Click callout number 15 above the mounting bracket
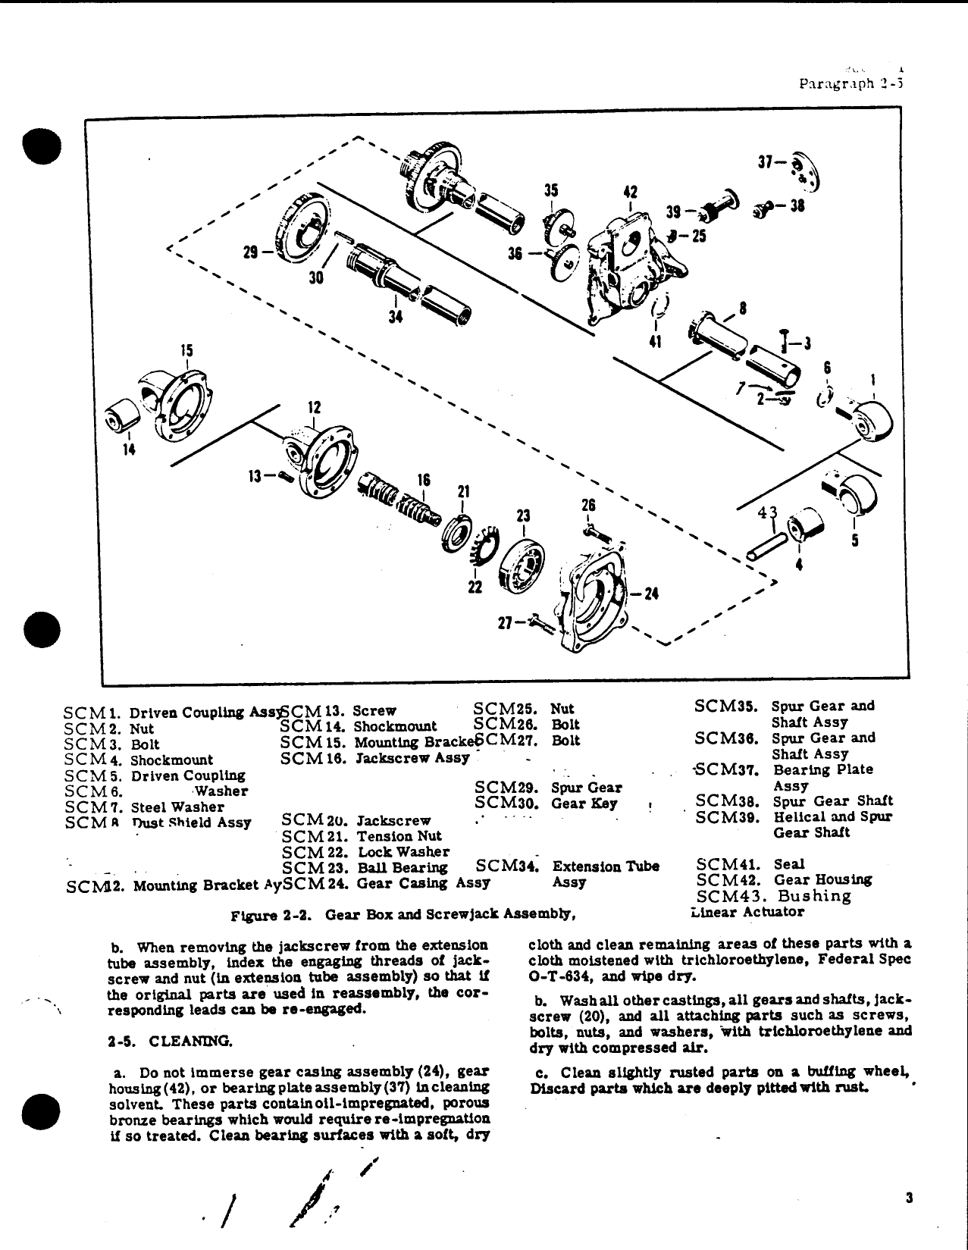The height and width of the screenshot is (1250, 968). coord(186,351)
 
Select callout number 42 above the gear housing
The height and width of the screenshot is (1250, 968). coord(630,193)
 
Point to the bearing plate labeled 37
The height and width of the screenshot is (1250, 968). coord(805,171)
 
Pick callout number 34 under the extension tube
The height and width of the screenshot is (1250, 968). coord(395,317)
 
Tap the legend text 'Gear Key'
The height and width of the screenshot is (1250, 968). coord(584,804)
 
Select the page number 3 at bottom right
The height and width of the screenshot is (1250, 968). coord(908,1198)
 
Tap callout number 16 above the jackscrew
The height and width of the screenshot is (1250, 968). coord(424,480)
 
